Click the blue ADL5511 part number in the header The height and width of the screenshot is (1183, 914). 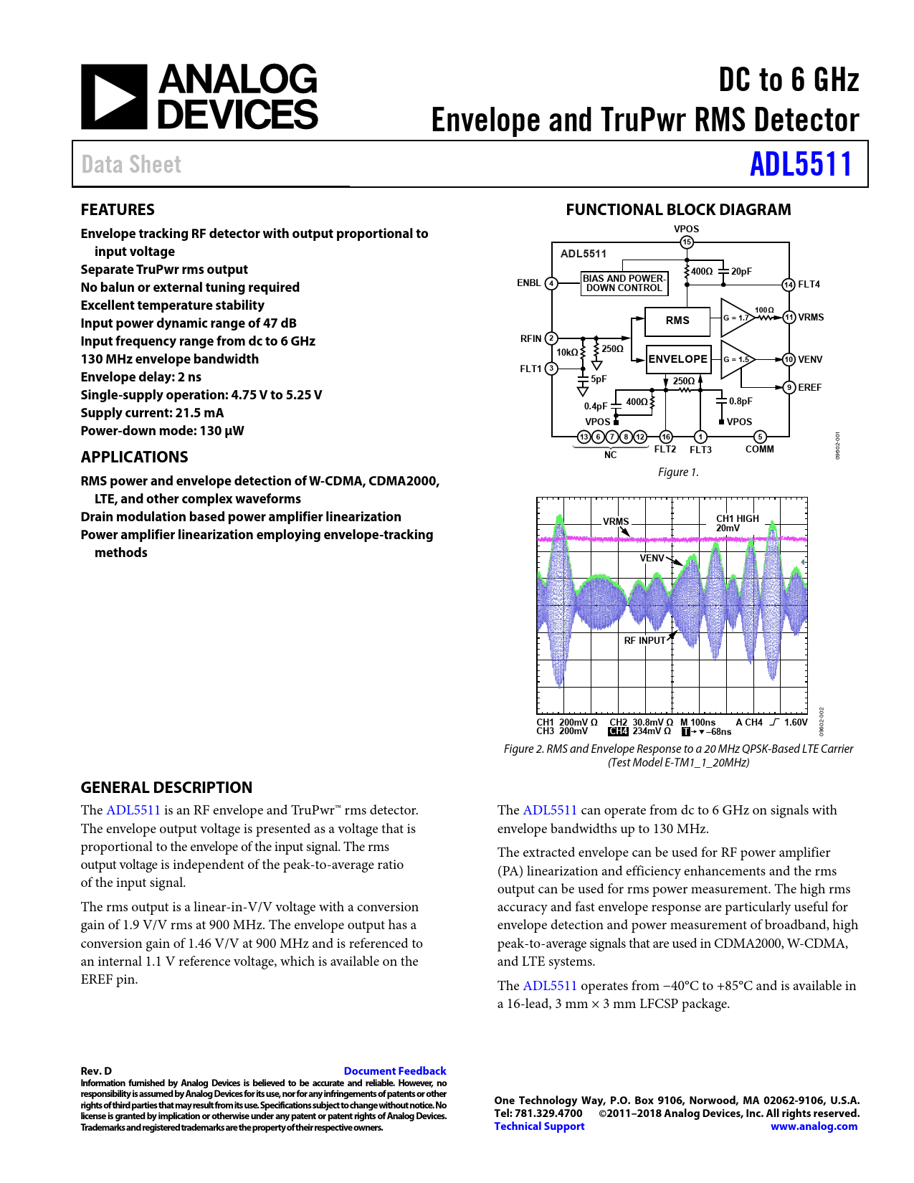pyautogui.click(x=801, y=164)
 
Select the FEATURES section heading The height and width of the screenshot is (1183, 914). pyautogui.click(x=118, y=209)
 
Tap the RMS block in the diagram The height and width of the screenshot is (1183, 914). pyautogui.click(x=677, y=320)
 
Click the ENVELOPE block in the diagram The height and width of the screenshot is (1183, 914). pyautogui.click(x=678, y=359)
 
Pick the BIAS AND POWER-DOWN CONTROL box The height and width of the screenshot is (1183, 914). pyautogui.click(x=624, y=283)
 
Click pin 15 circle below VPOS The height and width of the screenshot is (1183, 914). pyautogui.click(x=687, y=242)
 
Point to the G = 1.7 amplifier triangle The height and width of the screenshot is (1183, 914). pyautogui.click(x=736, y=318)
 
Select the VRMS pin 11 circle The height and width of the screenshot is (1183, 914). pyautogui.click(x=789, y=317)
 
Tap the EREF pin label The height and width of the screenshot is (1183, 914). pyautogui.click(x=810, y=387)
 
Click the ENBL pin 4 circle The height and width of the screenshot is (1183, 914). pyautogui.click(x=551, y=283)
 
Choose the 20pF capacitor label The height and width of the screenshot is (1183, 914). pyautogui.click(x=741, y=272)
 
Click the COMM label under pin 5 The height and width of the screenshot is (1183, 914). pyautogui.click(x=760, y=450)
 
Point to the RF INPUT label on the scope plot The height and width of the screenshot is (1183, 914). pyautogui.click(x=644, y=640)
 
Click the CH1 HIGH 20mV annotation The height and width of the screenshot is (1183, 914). pyautogui.click(x=737, y=523)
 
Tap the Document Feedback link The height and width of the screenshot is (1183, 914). pyautogui.click(x=395, y=1071)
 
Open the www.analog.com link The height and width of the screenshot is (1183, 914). pyautogui.click(x=814, y=1126)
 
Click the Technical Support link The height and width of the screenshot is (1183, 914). pyautogui.click(x=539, y=1126)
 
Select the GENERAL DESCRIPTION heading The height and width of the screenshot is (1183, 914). pyautogui.click(x=166, y=787)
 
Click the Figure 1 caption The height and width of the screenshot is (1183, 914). pyautogui.click(x=678, y=472)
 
